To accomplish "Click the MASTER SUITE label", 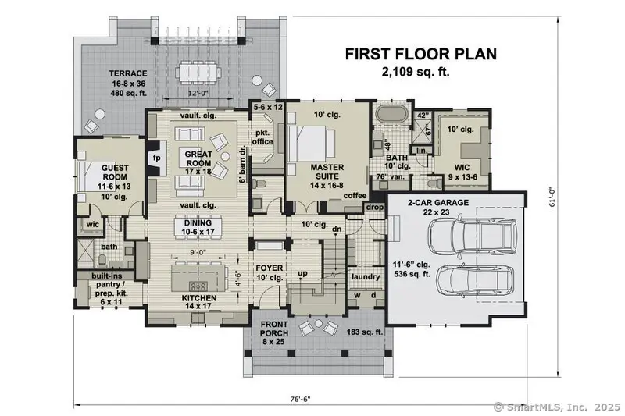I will pyautogui.click(x=327, y=172).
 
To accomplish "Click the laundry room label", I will pyautogui.click(x=365, y=276).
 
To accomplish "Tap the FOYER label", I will pyautogui.click(x=269, y=268).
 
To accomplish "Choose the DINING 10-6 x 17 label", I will pyautogui.click(x=198, y=226).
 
